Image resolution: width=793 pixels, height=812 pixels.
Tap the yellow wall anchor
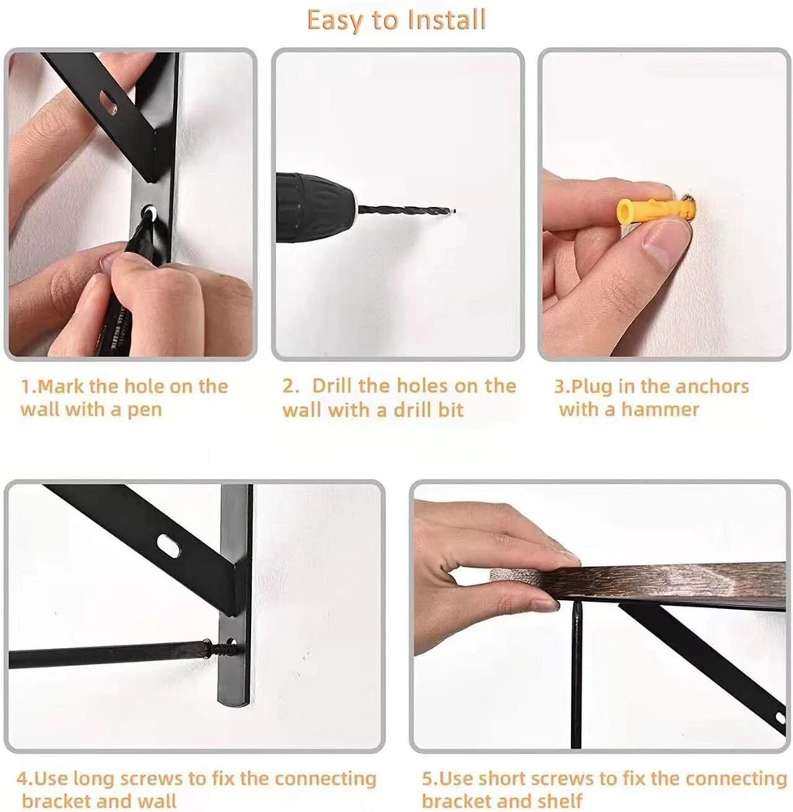655,209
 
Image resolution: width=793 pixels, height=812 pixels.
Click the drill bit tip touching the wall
453,211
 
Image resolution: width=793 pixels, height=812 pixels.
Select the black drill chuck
315,209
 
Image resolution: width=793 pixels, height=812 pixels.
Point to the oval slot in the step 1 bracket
109,101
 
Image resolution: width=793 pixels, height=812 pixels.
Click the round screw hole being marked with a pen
149,212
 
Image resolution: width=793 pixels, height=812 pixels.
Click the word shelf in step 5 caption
561,801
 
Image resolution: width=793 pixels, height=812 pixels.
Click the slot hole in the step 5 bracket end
780,717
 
